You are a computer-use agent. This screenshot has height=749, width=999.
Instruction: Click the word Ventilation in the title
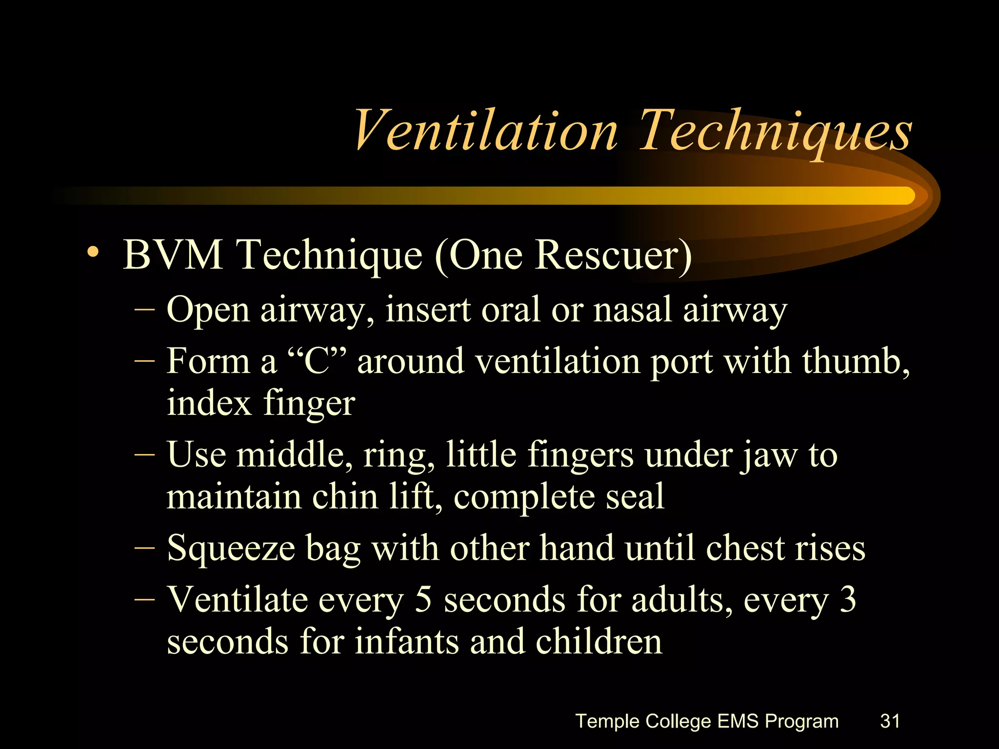coord(485,131)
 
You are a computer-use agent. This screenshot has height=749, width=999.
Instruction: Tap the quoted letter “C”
coord(318,361)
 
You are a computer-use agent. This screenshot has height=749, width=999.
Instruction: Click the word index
coord(209,403)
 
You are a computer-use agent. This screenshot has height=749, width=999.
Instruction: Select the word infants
coord(406,642)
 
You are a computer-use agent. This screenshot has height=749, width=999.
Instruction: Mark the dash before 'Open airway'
coord(144,310)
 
